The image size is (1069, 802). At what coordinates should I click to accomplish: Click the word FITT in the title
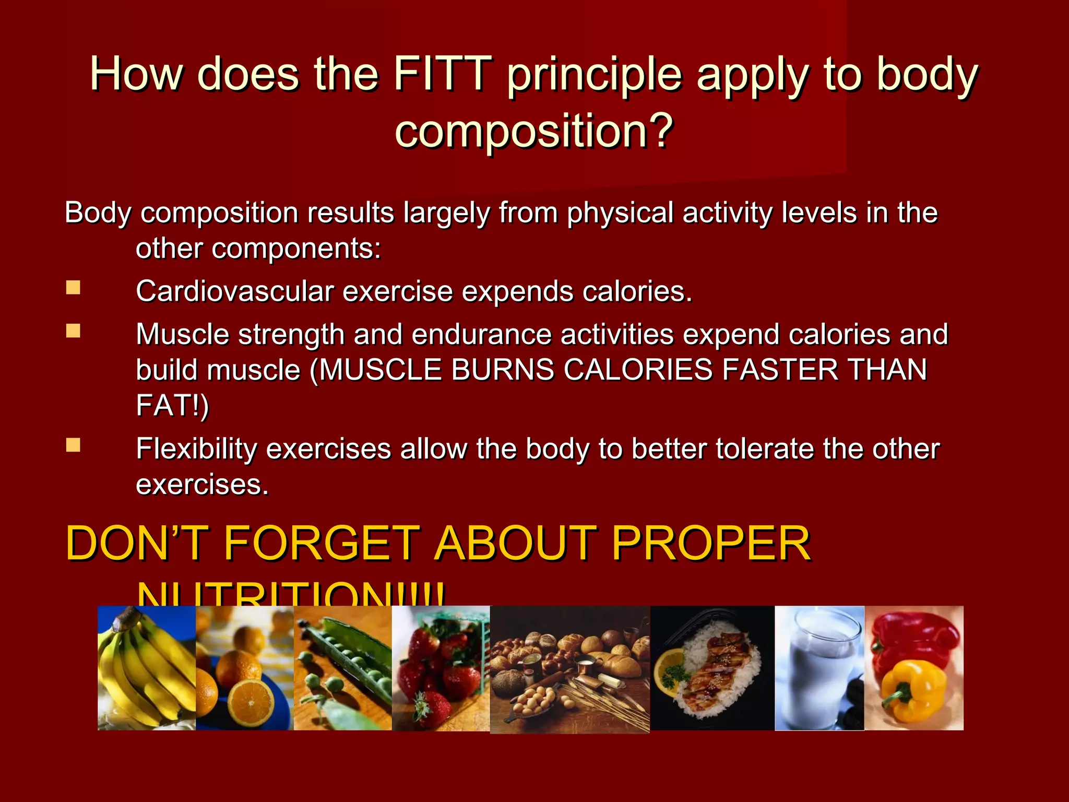[442, 74]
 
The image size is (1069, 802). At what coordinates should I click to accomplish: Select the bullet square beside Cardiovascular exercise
[74, 288]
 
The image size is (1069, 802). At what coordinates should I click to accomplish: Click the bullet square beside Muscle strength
[74, 331]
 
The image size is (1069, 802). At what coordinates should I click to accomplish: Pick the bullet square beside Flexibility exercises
[74, 445]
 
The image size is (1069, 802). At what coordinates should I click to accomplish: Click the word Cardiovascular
[234, 291]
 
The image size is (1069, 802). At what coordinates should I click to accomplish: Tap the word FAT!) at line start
[172, 405]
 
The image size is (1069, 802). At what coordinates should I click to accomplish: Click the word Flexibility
[196, 449]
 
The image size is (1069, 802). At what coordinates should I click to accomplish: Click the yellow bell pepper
[913, 689]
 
